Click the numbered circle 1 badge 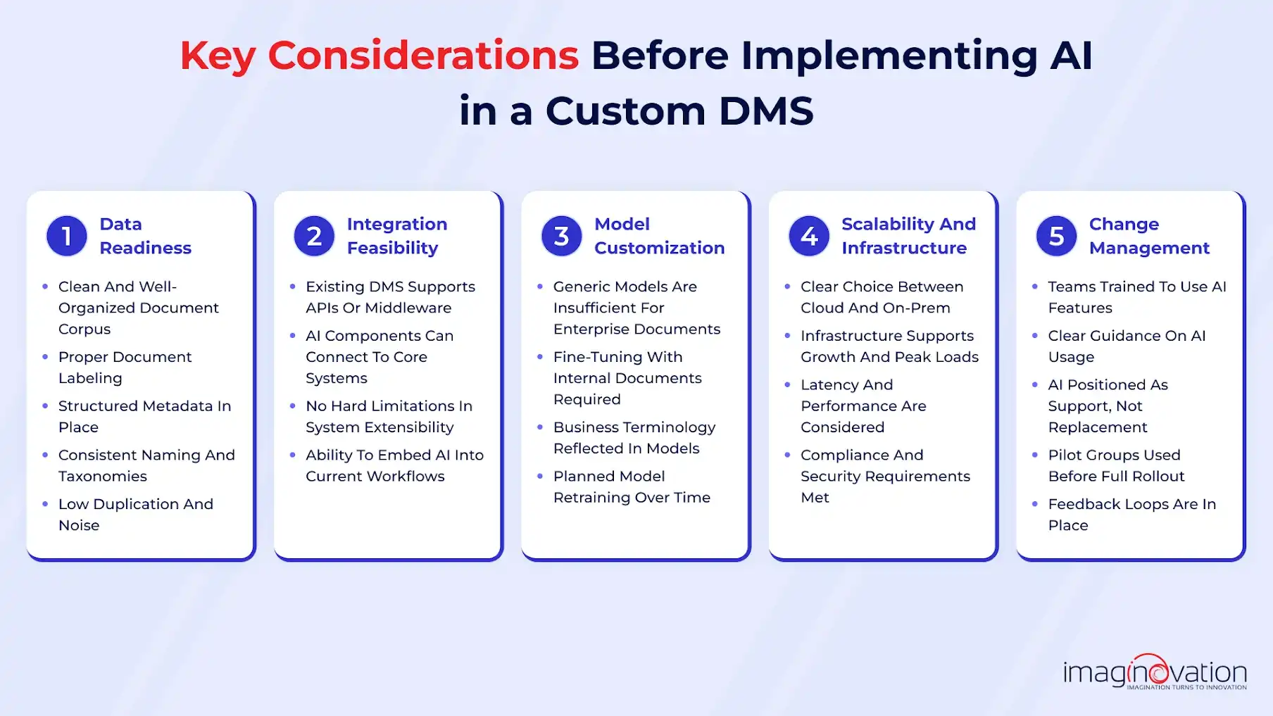coord(66,236)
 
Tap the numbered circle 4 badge coord(809,236)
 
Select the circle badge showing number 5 coord(1056,236)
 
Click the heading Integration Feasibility coord(396,236)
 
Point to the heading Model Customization coord(658,236)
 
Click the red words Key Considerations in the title coord(379,56)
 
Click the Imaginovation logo coord(1155,673)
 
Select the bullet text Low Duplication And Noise coord(135,515)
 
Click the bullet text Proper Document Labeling coord(125,368)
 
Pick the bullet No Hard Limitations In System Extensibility coord(388,417)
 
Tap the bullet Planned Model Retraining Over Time coord(631,486)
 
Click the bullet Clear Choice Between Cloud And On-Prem coord(881,297)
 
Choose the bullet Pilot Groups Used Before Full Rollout coord(1115,465)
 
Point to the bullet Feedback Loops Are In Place coord(1131,515)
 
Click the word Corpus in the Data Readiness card coord(84,329)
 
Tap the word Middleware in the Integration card coord(408,308)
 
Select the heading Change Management coord(1148,236)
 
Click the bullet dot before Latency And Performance coord(787,384)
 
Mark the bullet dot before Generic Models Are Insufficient coord(540,287)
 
